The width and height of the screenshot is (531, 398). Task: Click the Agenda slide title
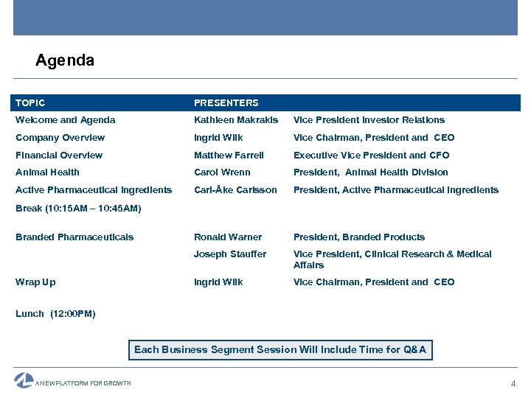point(65,60)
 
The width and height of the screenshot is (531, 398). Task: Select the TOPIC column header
point(30,103)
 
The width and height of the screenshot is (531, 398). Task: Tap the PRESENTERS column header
point(226,103)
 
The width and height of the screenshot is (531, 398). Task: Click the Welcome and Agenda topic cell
point(65,120)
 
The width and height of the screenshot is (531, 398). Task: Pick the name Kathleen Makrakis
point(236,120)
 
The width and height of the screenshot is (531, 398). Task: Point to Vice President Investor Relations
point(369,120)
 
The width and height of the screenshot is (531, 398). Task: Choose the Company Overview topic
point(60,138)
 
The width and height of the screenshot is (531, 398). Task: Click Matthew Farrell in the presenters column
point(229,156)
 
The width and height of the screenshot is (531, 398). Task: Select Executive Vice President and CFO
point(371,156)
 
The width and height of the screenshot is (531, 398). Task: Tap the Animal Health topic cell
point(47,172)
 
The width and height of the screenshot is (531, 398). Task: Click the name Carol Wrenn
point(222,172)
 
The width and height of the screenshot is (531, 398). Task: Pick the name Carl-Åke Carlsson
point(235,190)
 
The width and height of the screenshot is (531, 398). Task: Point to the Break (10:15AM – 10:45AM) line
point(78,209)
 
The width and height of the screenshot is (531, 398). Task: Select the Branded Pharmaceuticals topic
point(74,237)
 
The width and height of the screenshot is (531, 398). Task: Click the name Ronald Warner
point(227,237)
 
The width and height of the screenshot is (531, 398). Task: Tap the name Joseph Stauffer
point(230,254)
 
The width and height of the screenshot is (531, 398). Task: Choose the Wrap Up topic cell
point(35,282)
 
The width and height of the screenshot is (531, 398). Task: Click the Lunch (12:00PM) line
point(55,314)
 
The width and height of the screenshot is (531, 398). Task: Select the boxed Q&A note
point(280,350)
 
